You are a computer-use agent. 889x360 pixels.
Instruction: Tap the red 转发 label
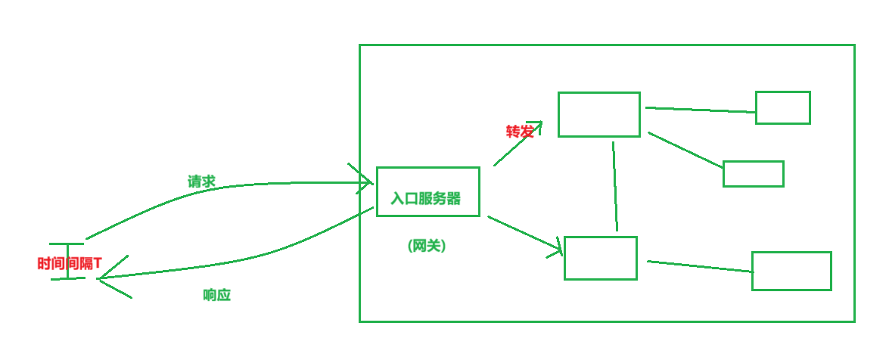(519, 132)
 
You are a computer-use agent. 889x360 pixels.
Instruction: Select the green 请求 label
(201, 182)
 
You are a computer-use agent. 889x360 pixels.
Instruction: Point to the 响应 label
(216, 295)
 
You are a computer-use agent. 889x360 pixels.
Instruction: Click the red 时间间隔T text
(69, 264)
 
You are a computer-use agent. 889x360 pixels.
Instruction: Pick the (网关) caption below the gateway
(426, 246)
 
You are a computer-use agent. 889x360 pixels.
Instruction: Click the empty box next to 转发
(598, 114)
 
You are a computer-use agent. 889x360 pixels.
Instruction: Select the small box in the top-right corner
(782, 107)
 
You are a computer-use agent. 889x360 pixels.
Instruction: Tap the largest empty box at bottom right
(791, 271)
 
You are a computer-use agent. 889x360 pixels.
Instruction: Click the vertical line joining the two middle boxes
(614, 185)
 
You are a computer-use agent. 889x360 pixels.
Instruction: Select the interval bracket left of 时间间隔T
(67, 262)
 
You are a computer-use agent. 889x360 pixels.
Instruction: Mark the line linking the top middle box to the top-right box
(700, 110)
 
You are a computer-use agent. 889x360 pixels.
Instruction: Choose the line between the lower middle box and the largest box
(700, 265)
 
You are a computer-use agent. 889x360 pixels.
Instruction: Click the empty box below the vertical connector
(600, 258)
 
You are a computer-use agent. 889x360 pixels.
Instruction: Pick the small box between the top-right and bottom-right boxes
(753, 174)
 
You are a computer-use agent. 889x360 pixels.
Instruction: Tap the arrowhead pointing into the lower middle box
(558, 247)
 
